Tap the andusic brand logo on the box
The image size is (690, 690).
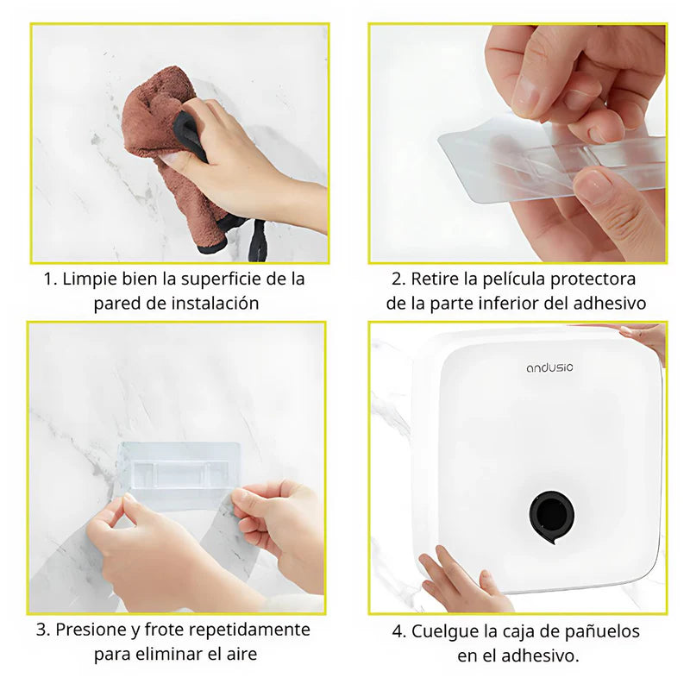[549, 367]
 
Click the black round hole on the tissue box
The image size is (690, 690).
[550, 513]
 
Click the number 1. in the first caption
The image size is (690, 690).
[51, 279]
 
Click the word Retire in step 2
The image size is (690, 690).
[435, 279]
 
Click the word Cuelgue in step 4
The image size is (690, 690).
[442, 631]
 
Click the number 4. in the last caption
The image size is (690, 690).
[399, 631]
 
